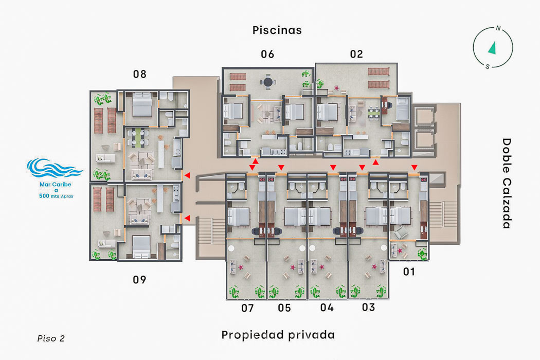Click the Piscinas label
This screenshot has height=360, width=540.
click(x=277, y=30)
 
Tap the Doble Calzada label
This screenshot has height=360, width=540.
click(x=506, y=183)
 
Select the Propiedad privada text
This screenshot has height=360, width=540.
click(x=278, y=335)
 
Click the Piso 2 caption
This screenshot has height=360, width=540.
click(x=51, y=338)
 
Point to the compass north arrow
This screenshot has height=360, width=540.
click(x=493, y=48)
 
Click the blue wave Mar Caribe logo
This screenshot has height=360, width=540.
click(x=55, y=169)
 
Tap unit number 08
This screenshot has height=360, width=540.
click(x=139, y=74)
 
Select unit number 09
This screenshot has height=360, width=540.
click(x=139, y=280)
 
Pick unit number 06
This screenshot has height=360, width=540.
click(x=267, y=54)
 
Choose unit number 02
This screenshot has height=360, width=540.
click(x=356, y=54)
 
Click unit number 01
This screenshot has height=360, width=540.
click(x=409, y=272)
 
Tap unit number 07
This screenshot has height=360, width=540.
click(x=247, y=308)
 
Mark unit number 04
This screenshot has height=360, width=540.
click(x=327, y=308)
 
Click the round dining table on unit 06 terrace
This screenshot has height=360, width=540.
click(x=268, y=82)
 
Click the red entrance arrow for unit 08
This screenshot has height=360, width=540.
click(x=187, y=175)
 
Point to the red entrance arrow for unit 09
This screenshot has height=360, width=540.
click(x=187, y=218)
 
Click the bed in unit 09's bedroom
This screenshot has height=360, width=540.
click(x=141, y=247)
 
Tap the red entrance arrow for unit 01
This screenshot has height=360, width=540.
click(x=415, y=168)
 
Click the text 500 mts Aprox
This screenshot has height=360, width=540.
click(x=56, y=196)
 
